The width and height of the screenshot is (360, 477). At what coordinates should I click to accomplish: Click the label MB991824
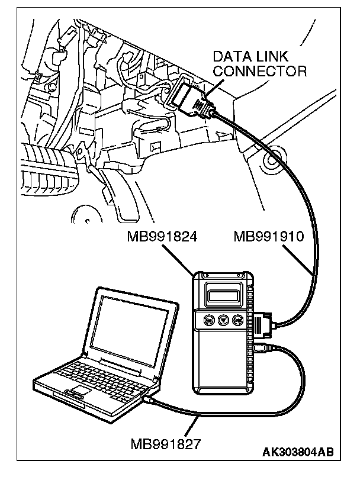162,237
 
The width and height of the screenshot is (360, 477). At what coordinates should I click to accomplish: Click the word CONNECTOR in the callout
260,72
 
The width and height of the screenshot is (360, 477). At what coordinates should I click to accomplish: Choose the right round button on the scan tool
237,320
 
